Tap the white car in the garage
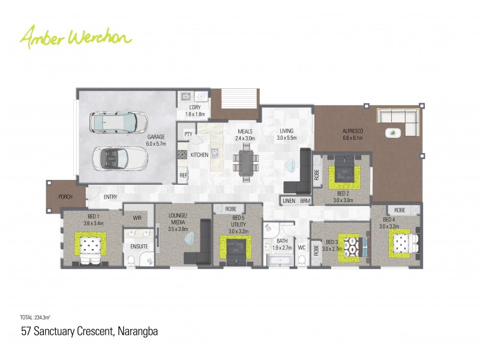118,122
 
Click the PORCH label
65,197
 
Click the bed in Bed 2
344,173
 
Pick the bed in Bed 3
351,246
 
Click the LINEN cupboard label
289,200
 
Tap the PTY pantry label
188,134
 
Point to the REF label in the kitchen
183,176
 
